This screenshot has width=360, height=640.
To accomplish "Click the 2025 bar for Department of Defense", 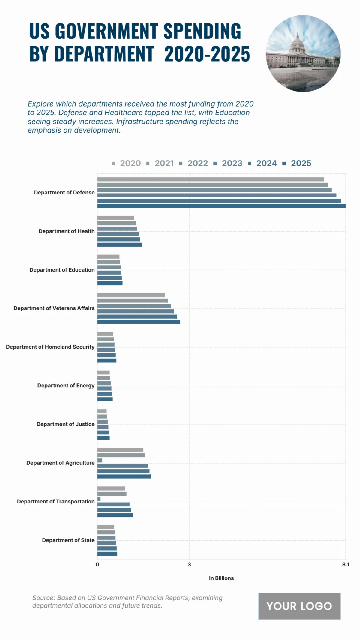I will point(221,206).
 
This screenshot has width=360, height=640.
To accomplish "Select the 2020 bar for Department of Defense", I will point(211,179).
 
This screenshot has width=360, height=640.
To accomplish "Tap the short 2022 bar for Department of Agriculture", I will point(100,461).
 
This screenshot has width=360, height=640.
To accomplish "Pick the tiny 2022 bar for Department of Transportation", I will point(99,499).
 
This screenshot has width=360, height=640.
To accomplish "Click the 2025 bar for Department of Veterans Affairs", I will point(139,322).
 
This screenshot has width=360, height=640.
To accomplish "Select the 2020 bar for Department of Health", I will point(115,218).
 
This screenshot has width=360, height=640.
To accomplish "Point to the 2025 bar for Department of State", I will point(107,554).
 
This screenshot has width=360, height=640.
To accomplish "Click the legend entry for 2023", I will point(232,163).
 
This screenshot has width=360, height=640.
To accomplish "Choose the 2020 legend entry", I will point(130,163).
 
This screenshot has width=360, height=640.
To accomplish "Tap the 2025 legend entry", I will point(301,163).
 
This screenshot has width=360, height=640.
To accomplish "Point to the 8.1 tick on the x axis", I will point(346,565).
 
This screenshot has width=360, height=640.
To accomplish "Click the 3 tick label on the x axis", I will point(189,565).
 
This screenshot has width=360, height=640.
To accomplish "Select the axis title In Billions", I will point(221,578).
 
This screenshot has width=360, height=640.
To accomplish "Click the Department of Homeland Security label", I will point(50,347).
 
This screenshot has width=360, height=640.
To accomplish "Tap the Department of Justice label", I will point(65,424).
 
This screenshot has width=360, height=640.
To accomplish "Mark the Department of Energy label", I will point(66,386).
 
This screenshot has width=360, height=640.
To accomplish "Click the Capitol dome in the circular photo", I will point(298,42).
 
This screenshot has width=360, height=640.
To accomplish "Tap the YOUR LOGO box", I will point(299,606).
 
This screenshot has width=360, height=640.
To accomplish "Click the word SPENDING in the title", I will point(202,31).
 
